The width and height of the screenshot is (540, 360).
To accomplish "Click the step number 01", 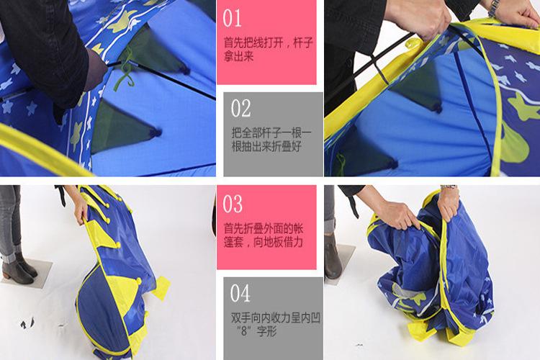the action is pyautogui.click(x=232, y=18).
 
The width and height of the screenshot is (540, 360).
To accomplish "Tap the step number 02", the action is pyautogui.click(x=241, y=109).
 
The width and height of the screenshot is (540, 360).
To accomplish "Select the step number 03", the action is pyautogui.click(x=233, y=204).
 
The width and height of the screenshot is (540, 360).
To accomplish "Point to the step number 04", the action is pyautogui.click(x=240, y=293).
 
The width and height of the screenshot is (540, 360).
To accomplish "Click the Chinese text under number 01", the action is pyautogui.click(x=269, y=49).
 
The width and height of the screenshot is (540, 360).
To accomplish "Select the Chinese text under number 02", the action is pyautogui.click(x=271, y=140).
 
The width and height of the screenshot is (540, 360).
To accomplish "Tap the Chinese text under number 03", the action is pyautogui.click(x=264, y=235).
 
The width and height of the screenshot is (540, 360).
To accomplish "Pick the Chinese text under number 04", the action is pyautogui.click(x=276, y=324).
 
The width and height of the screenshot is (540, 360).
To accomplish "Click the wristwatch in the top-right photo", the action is pyautogui.click(x=494, y=8).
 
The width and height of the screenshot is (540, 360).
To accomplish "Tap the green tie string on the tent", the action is pyautogui.click(x=126, y=69).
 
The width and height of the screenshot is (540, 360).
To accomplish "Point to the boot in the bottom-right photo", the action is pyautogui.click(x=332, y=256).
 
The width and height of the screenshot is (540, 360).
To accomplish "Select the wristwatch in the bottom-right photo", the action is pyautogui.click(x=449, y=187).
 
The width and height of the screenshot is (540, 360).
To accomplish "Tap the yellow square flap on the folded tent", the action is pyautogui.click(x=160, y=288).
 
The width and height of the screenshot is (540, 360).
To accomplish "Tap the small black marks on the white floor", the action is pyautogui.click(x=27, y=323).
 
